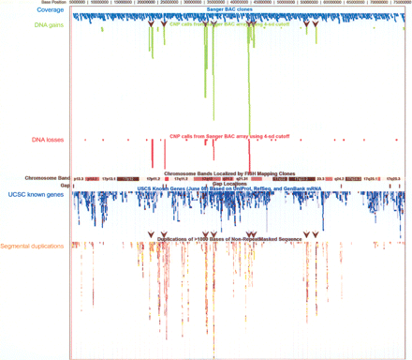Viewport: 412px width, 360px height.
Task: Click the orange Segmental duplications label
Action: pos(32,246)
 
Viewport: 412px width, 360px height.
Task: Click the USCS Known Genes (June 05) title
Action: pos(229,188)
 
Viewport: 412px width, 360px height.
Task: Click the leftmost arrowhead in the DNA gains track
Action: pos(150,24)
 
